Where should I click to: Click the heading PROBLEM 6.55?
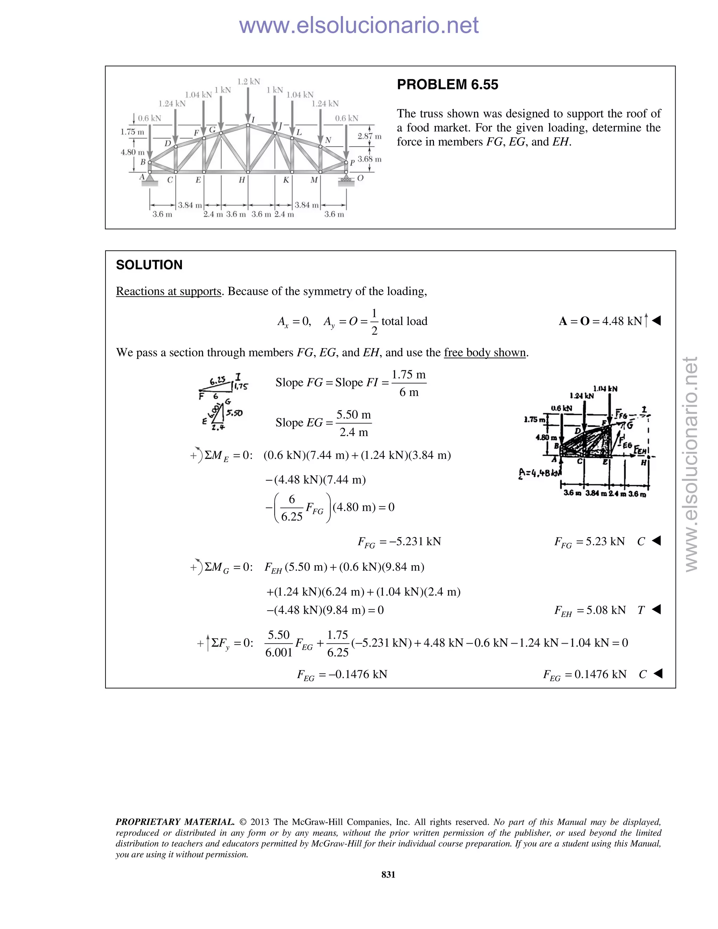[447, 84]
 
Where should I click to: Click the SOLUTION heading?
[149, 265]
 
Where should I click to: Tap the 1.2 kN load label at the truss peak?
[249, 82]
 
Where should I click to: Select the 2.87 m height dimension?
[369, 136]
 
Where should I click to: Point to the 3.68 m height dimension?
[369, 159]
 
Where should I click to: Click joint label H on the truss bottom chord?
[242, 180]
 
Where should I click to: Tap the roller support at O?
[346, 179]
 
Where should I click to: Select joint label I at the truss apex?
[253, 120]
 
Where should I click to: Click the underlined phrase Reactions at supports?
[168, 291]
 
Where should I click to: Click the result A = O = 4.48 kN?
[603, 321]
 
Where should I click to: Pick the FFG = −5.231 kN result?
[399, 542]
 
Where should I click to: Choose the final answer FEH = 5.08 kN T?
[600, 610]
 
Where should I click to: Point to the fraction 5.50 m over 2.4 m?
[353, 423]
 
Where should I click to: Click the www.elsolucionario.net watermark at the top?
[359, 25]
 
